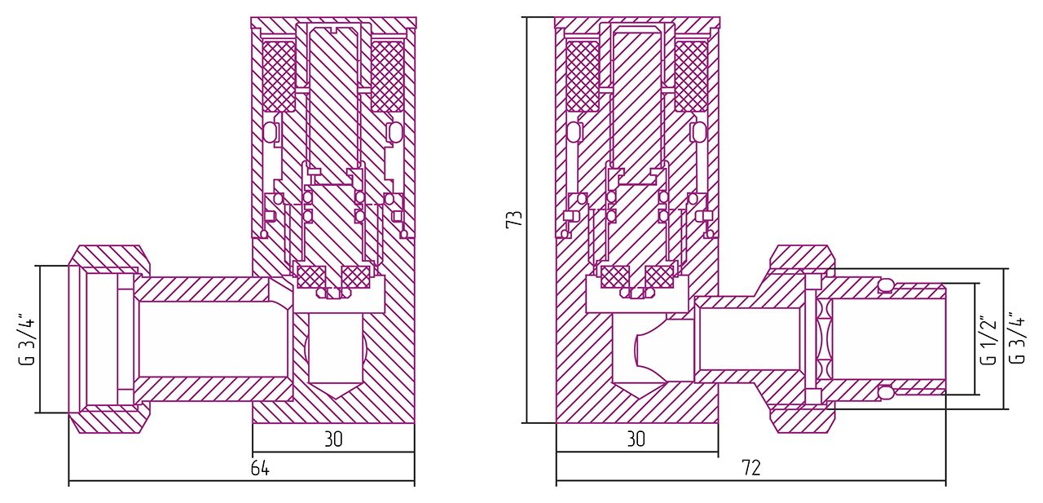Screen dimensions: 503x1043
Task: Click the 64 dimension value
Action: (x=260, y=469)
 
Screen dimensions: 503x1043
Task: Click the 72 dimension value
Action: (x=751, y=468)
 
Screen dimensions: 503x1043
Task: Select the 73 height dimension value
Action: (x=514, y=219)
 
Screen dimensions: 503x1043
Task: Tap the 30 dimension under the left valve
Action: (x=333, y=439)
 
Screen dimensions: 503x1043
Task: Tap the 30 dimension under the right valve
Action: (x=636, y=439)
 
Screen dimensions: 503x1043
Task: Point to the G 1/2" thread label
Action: (x=988, y=340)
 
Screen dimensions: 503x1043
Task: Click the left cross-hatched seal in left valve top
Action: (x=279, y=76)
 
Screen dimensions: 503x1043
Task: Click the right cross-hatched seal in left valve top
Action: (x=387, y=76)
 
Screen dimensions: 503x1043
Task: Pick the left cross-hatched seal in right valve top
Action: (x=583, y=76)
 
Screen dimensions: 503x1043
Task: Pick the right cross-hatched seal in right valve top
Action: (x=691, y=76)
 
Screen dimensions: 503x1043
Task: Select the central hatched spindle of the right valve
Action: (x=636, y=114)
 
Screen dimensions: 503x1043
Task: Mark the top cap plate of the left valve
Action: (x=333, y=23)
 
